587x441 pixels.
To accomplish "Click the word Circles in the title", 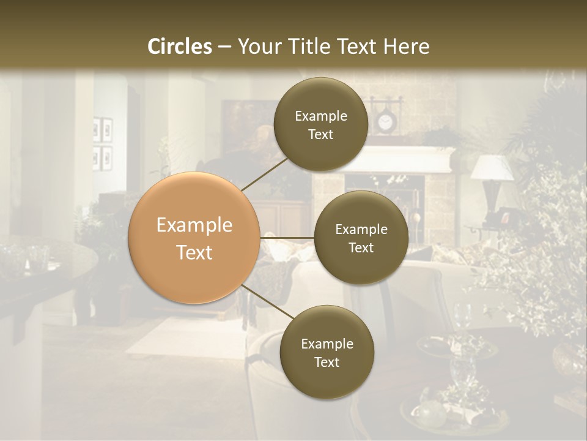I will (180, 47).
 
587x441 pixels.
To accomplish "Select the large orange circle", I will (194, 238).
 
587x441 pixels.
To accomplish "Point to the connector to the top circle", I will (265, 174).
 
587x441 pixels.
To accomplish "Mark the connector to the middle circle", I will (287, 237).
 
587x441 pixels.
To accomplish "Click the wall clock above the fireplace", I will (385, 123).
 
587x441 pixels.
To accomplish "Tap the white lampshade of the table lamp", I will (492, 167).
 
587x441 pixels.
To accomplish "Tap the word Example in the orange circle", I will (194, 225).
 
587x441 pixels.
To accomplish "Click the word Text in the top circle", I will (320, 135).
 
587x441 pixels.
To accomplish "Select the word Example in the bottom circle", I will (327, 344).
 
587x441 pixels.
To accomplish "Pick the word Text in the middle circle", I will (361, 248).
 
